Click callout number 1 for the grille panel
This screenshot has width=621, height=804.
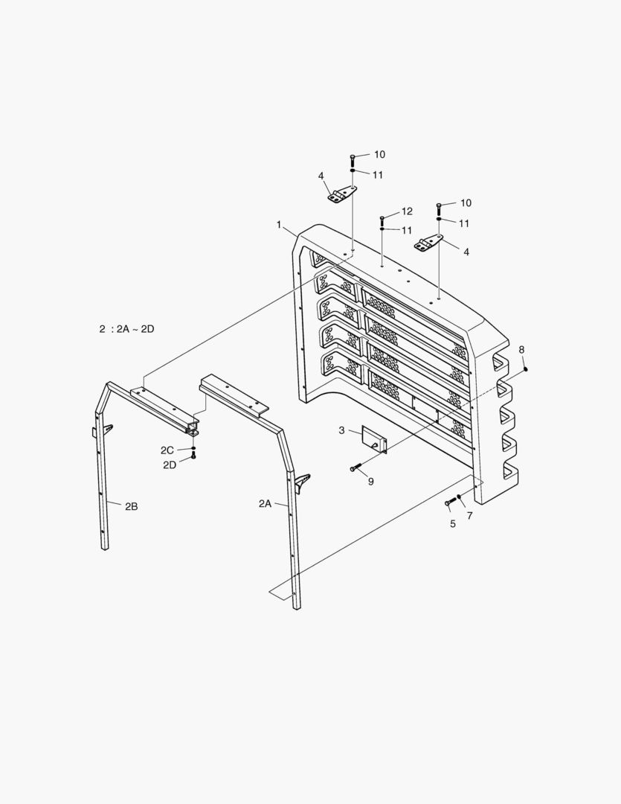click(279, 224)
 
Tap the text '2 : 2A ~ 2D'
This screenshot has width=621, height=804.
click(126, 328)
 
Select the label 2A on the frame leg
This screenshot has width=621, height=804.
click(265, 504)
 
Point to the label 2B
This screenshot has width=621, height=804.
click(131, 506)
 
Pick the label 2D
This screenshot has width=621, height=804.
click(170, 465)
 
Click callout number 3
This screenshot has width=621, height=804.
click(341, 430)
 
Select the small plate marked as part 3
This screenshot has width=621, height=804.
click(375, 439)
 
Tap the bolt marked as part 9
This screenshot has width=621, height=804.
click(355, 468)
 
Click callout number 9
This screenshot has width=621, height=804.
click(370, 482)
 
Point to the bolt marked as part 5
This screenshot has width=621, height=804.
click(449, 503)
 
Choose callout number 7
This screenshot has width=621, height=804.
click(469, 515)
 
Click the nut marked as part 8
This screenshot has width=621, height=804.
click(526, 368)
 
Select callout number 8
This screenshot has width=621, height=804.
click(521, 349)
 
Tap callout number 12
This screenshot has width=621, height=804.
click(407, 211)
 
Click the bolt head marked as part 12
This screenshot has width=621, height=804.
click(382, 218)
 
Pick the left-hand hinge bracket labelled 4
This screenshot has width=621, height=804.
click(342, 196)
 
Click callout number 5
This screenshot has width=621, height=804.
click(452, 523)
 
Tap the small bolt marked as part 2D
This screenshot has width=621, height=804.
click(193, 455)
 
